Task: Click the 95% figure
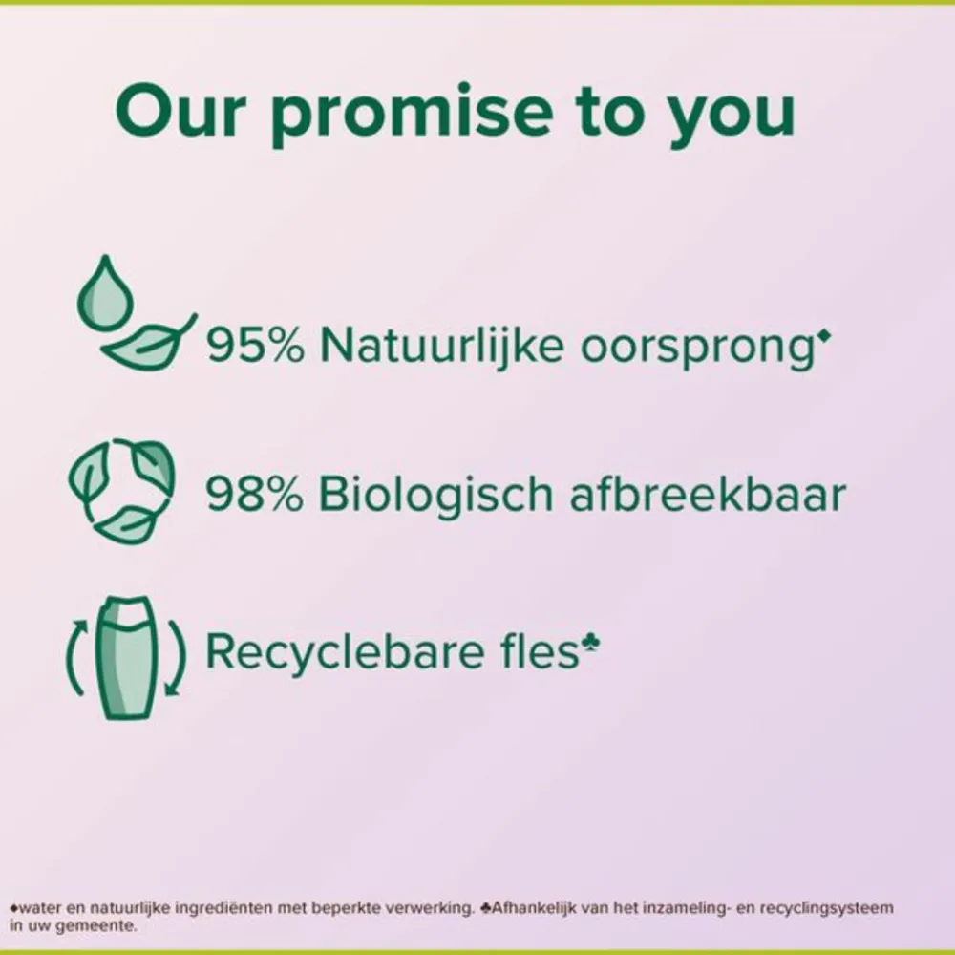[255, 345]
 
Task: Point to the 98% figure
[254, 494]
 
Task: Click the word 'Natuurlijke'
[441, 344]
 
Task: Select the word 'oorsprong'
[697, 349]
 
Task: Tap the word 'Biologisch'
[435, 494]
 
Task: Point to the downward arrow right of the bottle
[178, 659]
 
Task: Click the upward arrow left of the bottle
[75, 657]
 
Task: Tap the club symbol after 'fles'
[591, 642]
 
